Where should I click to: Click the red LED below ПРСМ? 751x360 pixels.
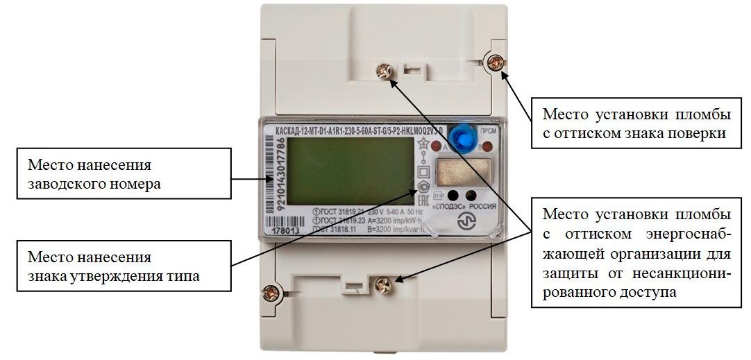coord(487,146)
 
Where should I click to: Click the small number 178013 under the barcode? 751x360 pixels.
coord(282,230)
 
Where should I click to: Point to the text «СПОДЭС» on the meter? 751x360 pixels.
coord(448,207)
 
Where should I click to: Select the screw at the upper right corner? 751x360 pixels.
coord(494,62)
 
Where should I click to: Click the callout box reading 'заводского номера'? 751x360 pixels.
coord(122,175)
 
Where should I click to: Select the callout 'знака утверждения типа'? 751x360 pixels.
coord(122,266)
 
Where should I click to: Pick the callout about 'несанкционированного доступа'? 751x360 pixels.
coord(634,251)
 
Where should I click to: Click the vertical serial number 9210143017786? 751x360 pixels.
coord(271,177)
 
